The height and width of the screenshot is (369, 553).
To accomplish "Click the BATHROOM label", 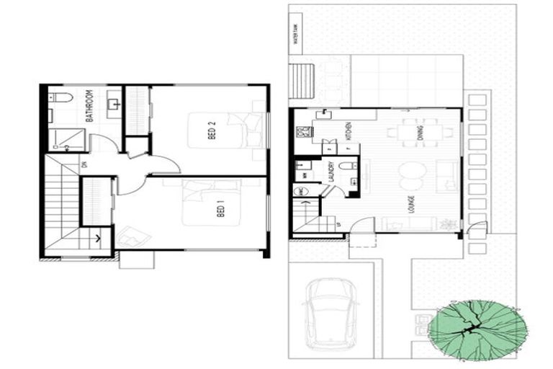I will tap(90, 106).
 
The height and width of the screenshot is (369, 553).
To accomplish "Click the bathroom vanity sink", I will tap(114, 104).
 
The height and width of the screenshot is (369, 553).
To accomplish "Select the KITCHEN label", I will tap(347, 132).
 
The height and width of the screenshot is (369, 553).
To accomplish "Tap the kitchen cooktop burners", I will tap(304, 131).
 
